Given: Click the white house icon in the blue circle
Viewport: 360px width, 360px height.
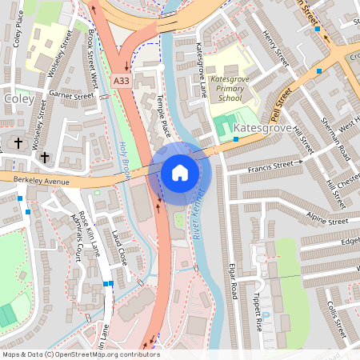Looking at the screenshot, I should pyautogui.click(x=179, y=172).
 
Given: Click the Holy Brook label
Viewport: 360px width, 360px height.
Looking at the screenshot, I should pyautogui.click(x=125, y=159).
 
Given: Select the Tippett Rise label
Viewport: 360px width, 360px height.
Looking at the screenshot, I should pyautogui.click(x=258, y=311).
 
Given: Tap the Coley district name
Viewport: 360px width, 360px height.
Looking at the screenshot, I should pyautogui.click(x=19, y=98).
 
